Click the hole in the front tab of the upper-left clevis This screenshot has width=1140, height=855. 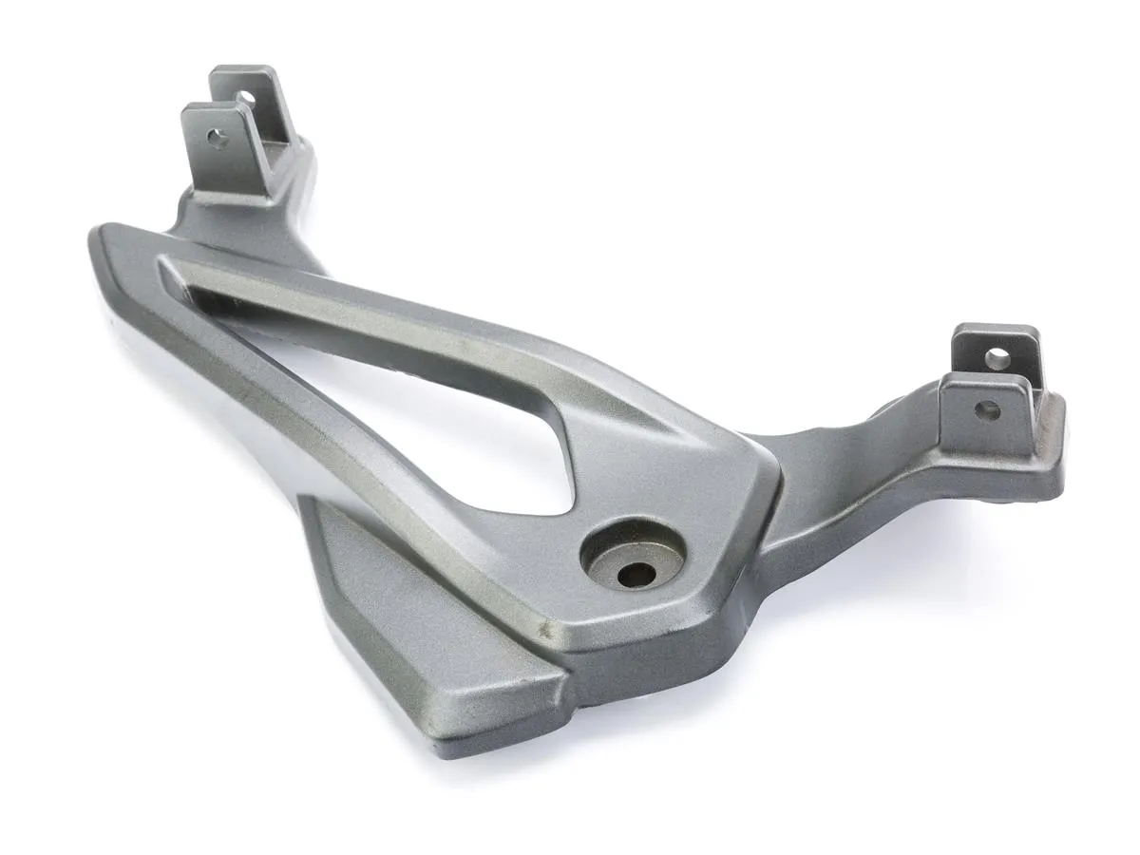pyautogui.click(x=218, y=141)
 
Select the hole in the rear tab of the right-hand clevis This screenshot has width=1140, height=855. pyautogui.click(x=996, y=358)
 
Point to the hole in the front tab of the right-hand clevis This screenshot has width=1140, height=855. pyautogui.click(x=988, y=410)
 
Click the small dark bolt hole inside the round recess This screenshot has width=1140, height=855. pyautogui.click(x=634, y=574)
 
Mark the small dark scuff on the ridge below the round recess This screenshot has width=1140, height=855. pyautogui.click(x=544, y=628)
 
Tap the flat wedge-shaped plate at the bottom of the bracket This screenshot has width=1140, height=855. pyautogui.click(x=418, y=627)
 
